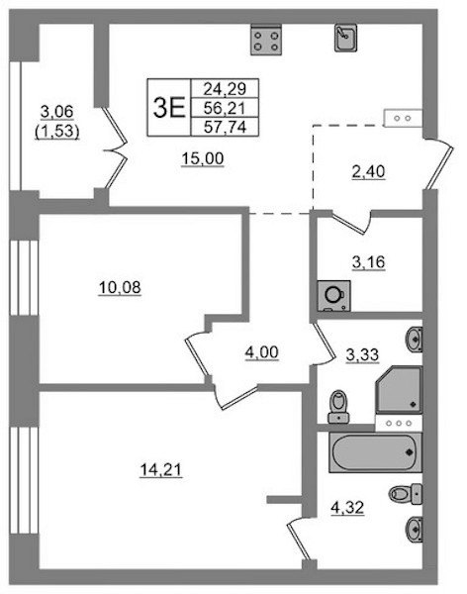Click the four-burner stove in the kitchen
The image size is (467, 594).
coord(266,40)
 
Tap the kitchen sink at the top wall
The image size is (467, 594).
coord(345,38)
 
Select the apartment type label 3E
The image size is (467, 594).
coord(169,108)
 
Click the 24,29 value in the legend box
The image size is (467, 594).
coord(225,89)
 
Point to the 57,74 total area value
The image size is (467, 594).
coord(225,127)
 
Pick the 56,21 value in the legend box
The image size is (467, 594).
coord(225,108)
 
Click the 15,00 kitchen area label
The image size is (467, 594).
coord(203,158)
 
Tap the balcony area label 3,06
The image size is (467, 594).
coord(56,112)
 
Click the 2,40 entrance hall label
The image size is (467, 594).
coord(368,171)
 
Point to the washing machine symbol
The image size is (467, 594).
coord(333,296)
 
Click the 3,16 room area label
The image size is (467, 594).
coord(368,261)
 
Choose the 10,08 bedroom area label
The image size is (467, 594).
coord(120,287)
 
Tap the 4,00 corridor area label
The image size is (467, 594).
coord(262,352)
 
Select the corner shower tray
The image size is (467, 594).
coord(399,389)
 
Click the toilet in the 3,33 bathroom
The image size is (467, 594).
coord(338,407)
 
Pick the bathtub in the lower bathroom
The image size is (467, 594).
coord(375,452)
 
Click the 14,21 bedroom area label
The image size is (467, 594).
coord(161,470)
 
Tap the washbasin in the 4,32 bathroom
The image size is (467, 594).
coord(414,530)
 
